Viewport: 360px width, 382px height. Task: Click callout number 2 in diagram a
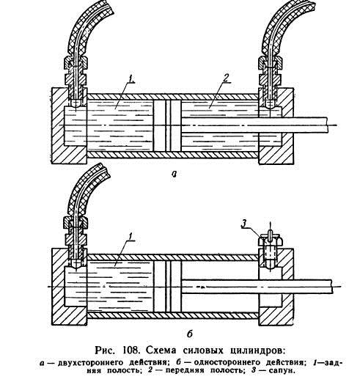pyautogui.click(x=226, y=78)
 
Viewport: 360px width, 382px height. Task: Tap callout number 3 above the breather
pyautogui.click(x=244, y=223)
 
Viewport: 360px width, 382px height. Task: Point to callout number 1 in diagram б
pyautogui.click(x=131, y=237)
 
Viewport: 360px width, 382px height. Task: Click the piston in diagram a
pyautogui.click(x=167, y=125)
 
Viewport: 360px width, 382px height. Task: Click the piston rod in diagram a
pyautogui.click(x=254, y=125)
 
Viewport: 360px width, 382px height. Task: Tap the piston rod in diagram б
pyautogui.click(x=257, y=287)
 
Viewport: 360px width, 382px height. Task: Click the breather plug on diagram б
pyautogui.click(x=270, y=249)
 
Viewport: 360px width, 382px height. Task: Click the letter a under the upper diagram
pyautogui.click(x=174, y=174)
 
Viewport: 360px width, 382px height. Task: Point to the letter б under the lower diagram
pyautogui.click(x=190, y=334)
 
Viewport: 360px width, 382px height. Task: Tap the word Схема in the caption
pyautogui.click(x=161, y=350)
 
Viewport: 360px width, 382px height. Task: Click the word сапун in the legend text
pyautogui.click(x=282, y=371)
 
